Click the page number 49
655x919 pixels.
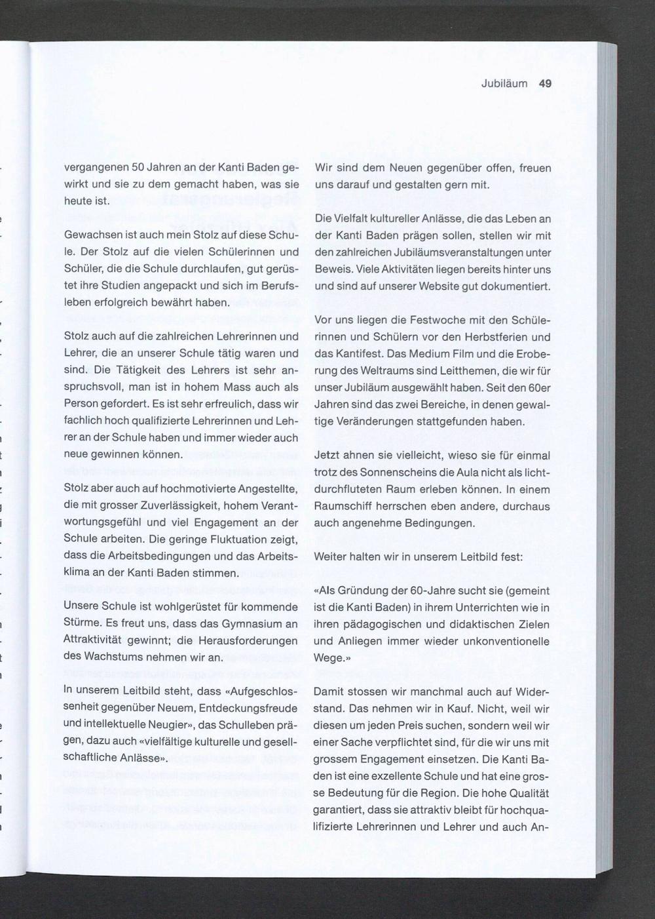pyautogui.click(x=545, y=83)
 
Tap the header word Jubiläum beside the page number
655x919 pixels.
pyautogui.click(x=504, y=83)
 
